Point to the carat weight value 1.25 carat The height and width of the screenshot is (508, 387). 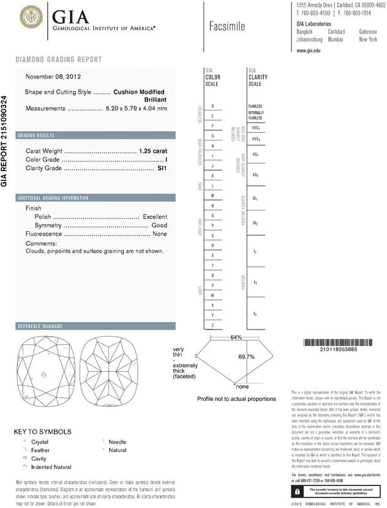click(154, 150)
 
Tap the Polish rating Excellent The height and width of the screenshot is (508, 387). click(155, 217)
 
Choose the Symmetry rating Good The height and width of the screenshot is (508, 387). click(159, 225)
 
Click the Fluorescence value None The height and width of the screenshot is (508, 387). click(160, 234)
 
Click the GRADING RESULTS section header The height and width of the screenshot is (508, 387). click(36, 135)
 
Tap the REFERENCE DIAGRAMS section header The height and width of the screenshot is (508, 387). click(41, 326)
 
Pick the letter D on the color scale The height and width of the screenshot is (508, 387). click(212, 106)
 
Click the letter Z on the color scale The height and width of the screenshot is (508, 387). click(212, 324)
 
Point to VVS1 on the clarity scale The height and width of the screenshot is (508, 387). click(255, 128)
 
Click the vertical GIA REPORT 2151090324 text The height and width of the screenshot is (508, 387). click(5, 140)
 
